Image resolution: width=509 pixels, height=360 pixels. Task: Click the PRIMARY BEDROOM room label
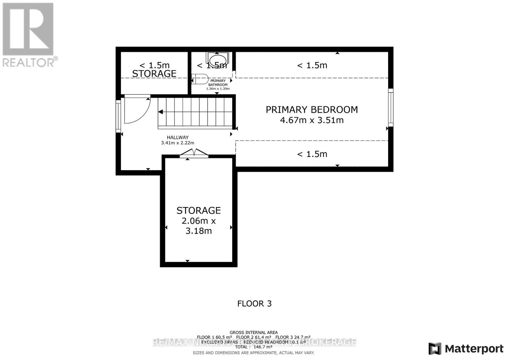pyautogui.click(x=311, y=110)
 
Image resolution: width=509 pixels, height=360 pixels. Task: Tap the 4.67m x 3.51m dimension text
pyautogui.click(x=311, y=120)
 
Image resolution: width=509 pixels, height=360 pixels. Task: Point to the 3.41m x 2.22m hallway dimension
pyautogui.click(x=178, y=143)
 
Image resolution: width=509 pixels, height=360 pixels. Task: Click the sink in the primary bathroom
pyautogui.click(x=218, y=59)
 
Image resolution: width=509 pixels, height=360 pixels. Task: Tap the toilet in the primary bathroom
pyautogui.click(x=200, y=79)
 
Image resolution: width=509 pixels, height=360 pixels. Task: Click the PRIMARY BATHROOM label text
pyautogui.click(x=218, y=83)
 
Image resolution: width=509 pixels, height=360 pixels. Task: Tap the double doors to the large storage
pyautogui.click(x=194, y=153)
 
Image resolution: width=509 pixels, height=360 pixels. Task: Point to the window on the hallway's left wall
pyautogui.click(x=118, y=116)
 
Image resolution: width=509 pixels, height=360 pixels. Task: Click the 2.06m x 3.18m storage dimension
pyautogui.click(x=199, y=226)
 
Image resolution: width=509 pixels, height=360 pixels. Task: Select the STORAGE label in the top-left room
pyautogui.click(x=154, y=74)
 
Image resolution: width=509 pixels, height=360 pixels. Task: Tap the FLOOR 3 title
pyautogui.click(x=254, y=304)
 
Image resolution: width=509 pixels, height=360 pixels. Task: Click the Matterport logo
pyautogui.click(x=466, y=349)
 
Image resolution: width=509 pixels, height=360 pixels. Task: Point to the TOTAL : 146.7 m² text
pyautogui.click(x=254, y=347)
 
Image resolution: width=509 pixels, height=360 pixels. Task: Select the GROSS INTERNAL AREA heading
pyautogui.click(x=254, y=332)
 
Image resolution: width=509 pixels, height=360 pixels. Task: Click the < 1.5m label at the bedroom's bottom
pyautogui.click(x=312, y=154)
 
